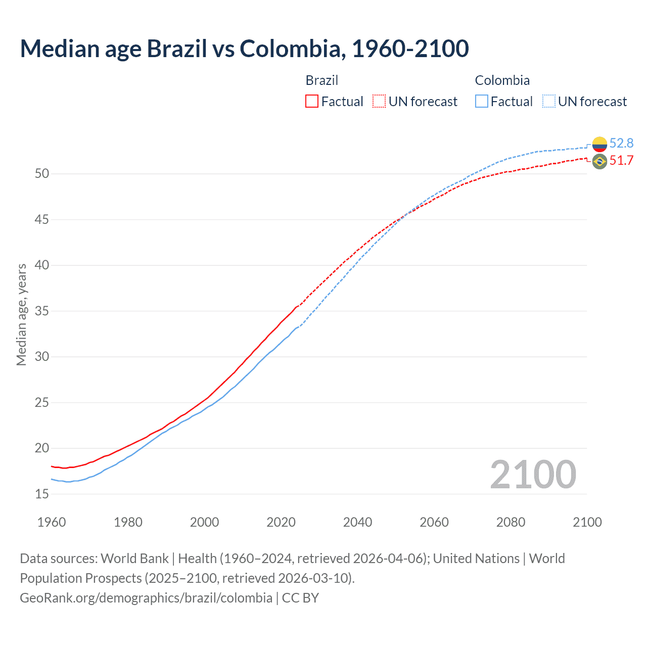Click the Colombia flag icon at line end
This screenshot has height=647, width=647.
tap(599, 144)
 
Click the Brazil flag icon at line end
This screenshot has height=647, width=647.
tap(599, 162)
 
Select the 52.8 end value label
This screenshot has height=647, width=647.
tap(621, 144)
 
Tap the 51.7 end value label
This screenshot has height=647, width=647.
tap(621, 161)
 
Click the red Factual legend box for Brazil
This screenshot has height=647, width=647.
tap(312, 102)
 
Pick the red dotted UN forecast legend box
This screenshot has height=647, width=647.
tap(379, 102)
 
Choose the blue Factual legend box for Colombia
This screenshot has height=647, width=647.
tap(482, 102)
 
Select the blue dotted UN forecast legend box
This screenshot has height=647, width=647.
tap(548, 102)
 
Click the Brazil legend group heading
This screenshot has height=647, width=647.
tap(321, 80)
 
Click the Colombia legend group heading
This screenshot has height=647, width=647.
tap(502, 80)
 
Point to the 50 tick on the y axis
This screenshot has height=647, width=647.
tap(42, 174)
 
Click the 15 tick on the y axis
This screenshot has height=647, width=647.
tap(42, 494)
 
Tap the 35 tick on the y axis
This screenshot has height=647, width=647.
tap(42, 311)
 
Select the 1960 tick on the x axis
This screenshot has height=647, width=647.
tap(52, 522)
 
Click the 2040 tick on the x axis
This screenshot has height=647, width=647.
tap(357, 522)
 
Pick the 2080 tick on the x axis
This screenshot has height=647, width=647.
tap(511, 522)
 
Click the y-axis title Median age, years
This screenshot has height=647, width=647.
tap(21, 314)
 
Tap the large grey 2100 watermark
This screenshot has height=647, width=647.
tap(533, 475)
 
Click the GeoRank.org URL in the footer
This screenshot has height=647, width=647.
tap(146, 598)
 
